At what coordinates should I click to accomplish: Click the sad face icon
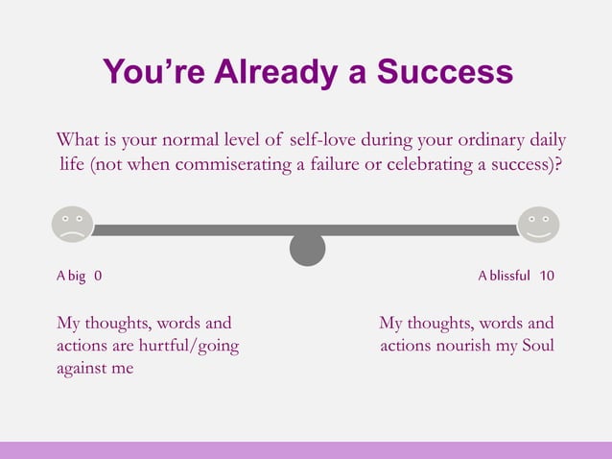(72, 225)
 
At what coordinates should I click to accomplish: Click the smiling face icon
(538, 225)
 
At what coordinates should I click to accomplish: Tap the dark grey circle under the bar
(307, 249)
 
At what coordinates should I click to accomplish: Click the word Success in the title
(444, 71)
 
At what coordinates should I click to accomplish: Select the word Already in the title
(294, 71)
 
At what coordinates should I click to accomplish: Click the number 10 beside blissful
(547, 276)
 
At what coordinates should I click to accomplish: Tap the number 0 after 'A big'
(98, 276)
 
